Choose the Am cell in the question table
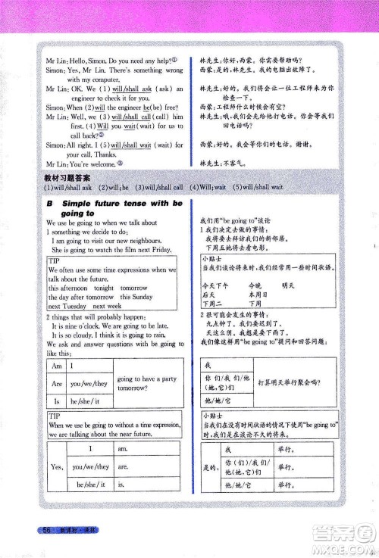[55, 366]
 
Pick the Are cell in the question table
[55, 382]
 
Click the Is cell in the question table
[55, 401]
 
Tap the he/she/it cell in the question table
[91, 401]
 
